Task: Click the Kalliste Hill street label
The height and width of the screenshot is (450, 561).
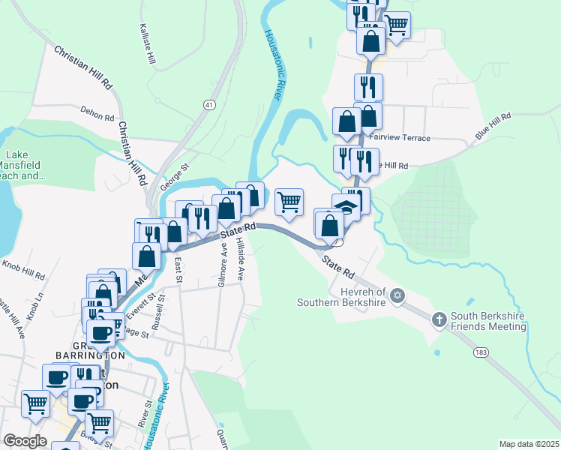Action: pos(147,43)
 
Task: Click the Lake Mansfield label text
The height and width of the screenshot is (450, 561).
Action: pos(22,165)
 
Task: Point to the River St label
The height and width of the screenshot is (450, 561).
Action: pos(142,415)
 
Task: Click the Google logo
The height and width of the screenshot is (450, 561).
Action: pos(25,441)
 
